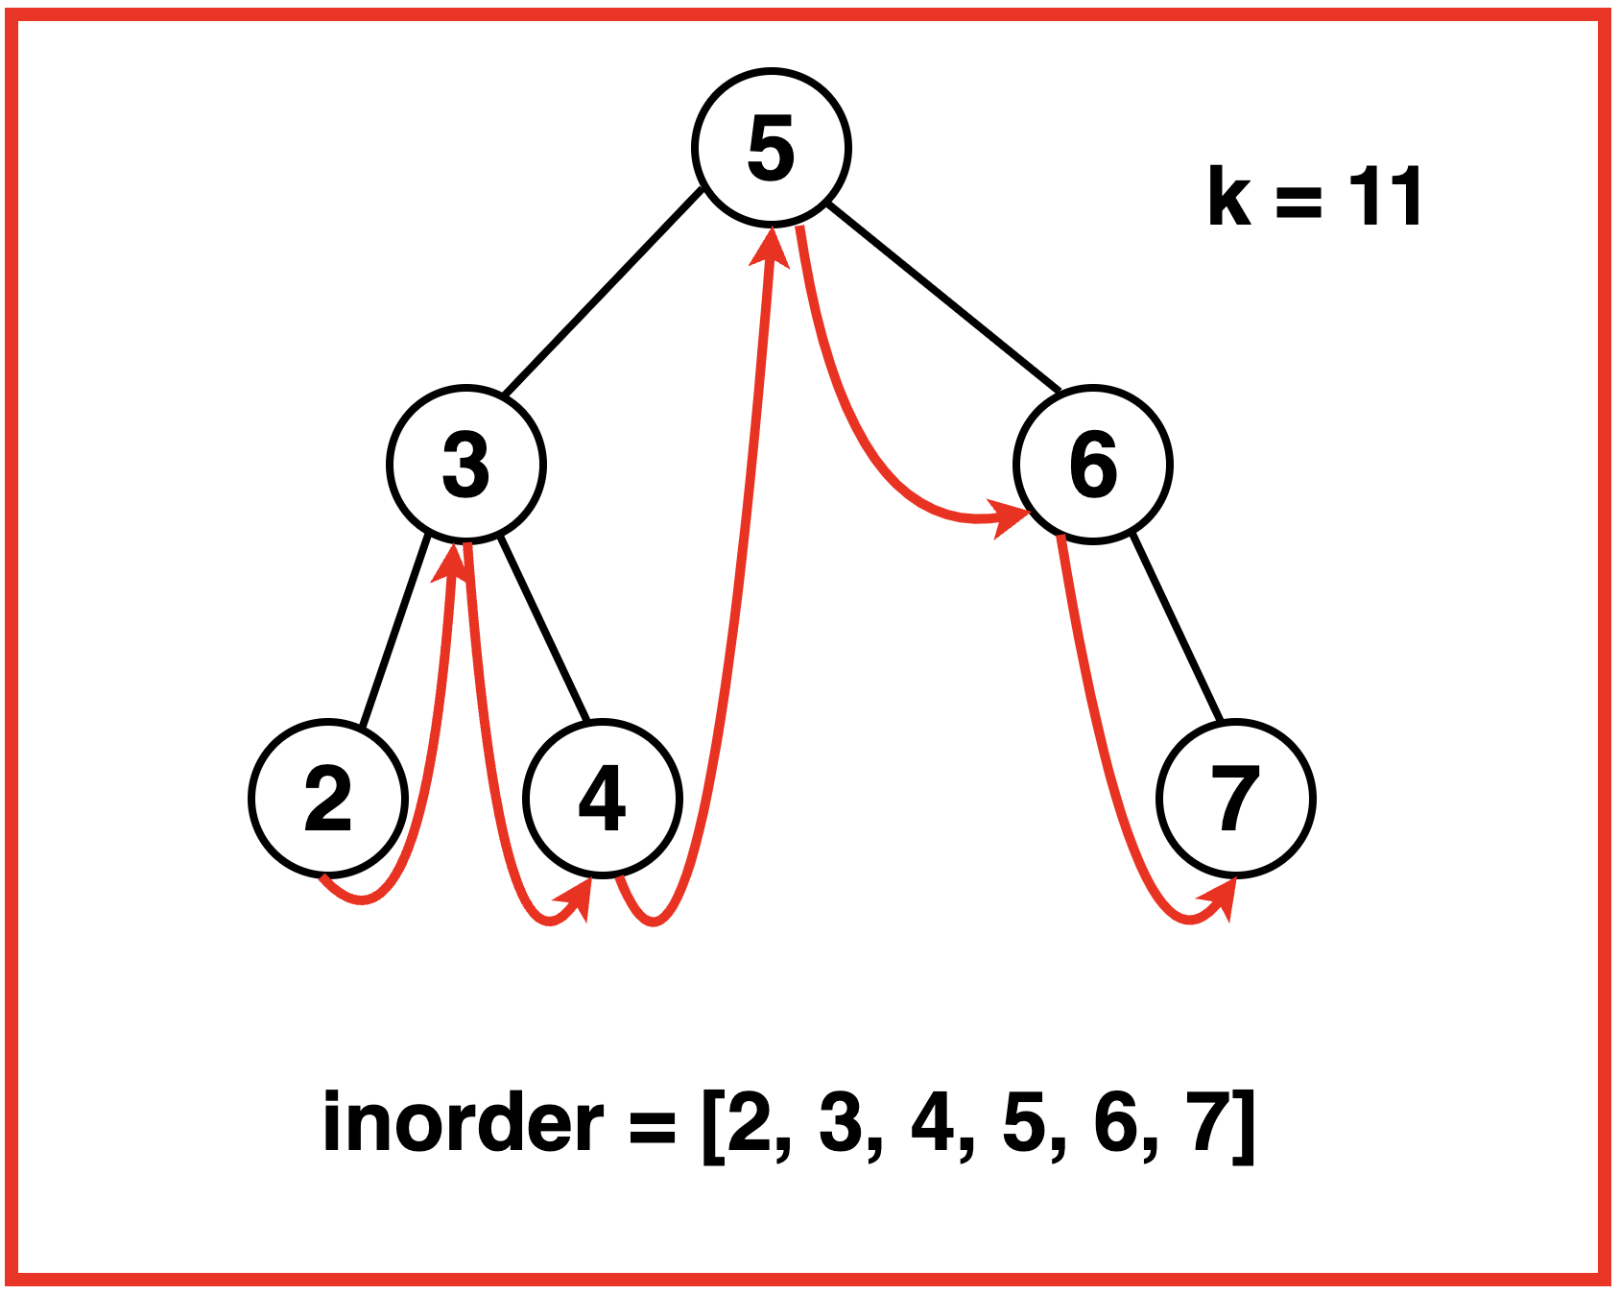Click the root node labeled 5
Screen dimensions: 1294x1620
tap(772, 148)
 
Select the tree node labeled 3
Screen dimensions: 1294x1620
tap(466, 465)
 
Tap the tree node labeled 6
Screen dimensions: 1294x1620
tap(1093, 465)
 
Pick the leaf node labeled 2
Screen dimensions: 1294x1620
tap(328, 799)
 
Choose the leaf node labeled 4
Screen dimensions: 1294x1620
tap(603, 799)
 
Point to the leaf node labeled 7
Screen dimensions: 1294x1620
tap(1236, 799)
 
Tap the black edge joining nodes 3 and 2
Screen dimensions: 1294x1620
tap(394, 629)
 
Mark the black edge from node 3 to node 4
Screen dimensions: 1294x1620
tap(543, 629)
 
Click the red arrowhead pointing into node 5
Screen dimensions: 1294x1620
tap(771, 248)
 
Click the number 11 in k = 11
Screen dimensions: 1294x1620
tap(1385, 198)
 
